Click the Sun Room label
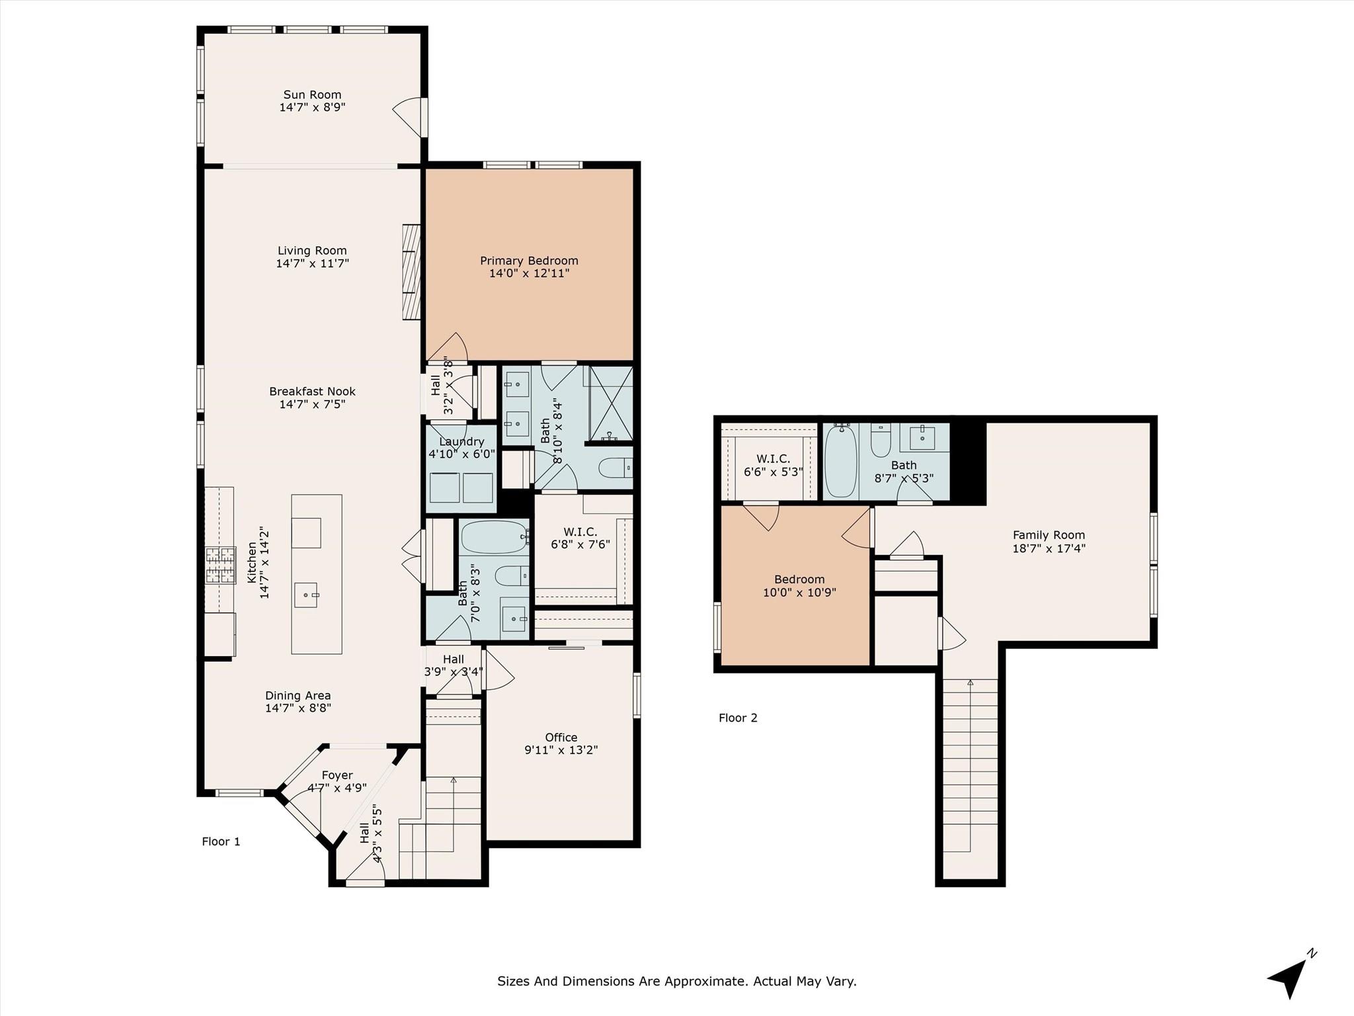[312, 95]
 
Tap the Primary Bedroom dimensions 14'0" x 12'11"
[529, 273]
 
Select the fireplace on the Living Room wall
[411, 272]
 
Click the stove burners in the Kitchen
[220, 566]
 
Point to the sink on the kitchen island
[307, 595]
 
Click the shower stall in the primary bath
[611, 403]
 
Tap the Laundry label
[461, 442]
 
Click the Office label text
[561, 738]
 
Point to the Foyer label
[337, 775]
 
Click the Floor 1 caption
[221, 841]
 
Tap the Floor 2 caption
[738, 718]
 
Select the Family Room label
[1049, 535]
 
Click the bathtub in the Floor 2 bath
[840, 461]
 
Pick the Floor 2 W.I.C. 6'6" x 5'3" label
[773, 466]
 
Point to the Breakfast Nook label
[312, 392]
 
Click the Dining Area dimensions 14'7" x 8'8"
[298, 708]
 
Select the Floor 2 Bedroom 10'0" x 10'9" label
[799, 586]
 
